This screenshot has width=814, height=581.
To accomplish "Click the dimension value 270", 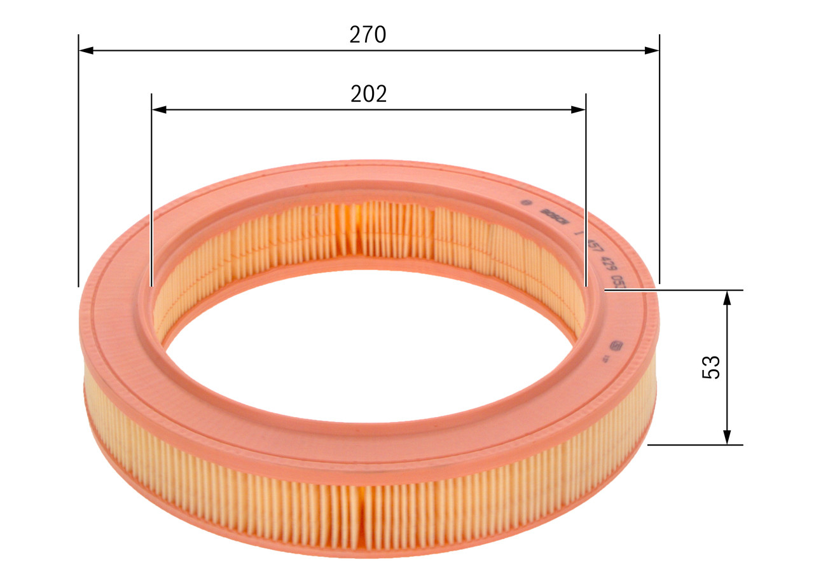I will coord(368,35).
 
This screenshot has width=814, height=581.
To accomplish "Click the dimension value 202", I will coord(369,94).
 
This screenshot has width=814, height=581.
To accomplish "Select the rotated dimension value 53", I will coord(712,367).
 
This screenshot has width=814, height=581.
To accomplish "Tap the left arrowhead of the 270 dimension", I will coord(86,50).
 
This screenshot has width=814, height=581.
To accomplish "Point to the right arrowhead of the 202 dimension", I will coord(578,109).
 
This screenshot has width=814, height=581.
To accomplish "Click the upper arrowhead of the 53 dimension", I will coord(727,297).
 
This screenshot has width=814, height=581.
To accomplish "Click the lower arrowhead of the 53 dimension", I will coord(727,437).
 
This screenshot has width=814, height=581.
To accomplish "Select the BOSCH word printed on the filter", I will coord(553,214).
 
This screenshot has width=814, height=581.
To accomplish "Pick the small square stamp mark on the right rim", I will coord(615,346).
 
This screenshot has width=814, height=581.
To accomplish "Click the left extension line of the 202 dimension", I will coord(151,191).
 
